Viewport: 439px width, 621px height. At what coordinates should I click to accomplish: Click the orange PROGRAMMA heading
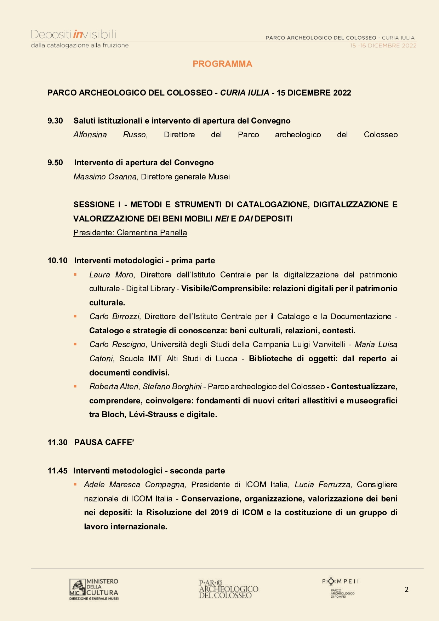tap(222, 64)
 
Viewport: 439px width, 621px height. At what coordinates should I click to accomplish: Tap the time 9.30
tap(55, 121)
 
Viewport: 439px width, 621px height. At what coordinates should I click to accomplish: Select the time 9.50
tap(55, 163)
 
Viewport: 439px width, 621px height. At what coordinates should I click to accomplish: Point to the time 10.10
tap(57, 261)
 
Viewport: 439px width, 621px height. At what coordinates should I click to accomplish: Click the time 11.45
tap(57, 471)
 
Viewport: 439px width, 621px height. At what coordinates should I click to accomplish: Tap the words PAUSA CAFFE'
tap(104, 443)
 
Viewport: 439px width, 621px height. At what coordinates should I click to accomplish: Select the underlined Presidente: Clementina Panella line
tap(130, 233)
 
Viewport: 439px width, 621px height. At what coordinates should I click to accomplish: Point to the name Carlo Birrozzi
tap(115, 317)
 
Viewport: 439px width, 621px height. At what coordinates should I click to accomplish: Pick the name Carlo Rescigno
tap(117, 345)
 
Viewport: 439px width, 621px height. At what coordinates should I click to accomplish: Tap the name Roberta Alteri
tap(114, 387)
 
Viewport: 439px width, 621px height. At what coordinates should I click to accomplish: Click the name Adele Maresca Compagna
tap(135, 485)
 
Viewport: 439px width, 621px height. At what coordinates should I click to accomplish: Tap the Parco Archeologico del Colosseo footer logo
tap(228, 589)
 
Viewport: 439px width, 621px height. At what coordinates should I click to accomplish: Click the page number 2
tap(406, 590)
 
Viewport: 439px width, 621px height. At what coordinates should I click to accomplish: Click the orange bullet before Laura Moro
tap(75, 275)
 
